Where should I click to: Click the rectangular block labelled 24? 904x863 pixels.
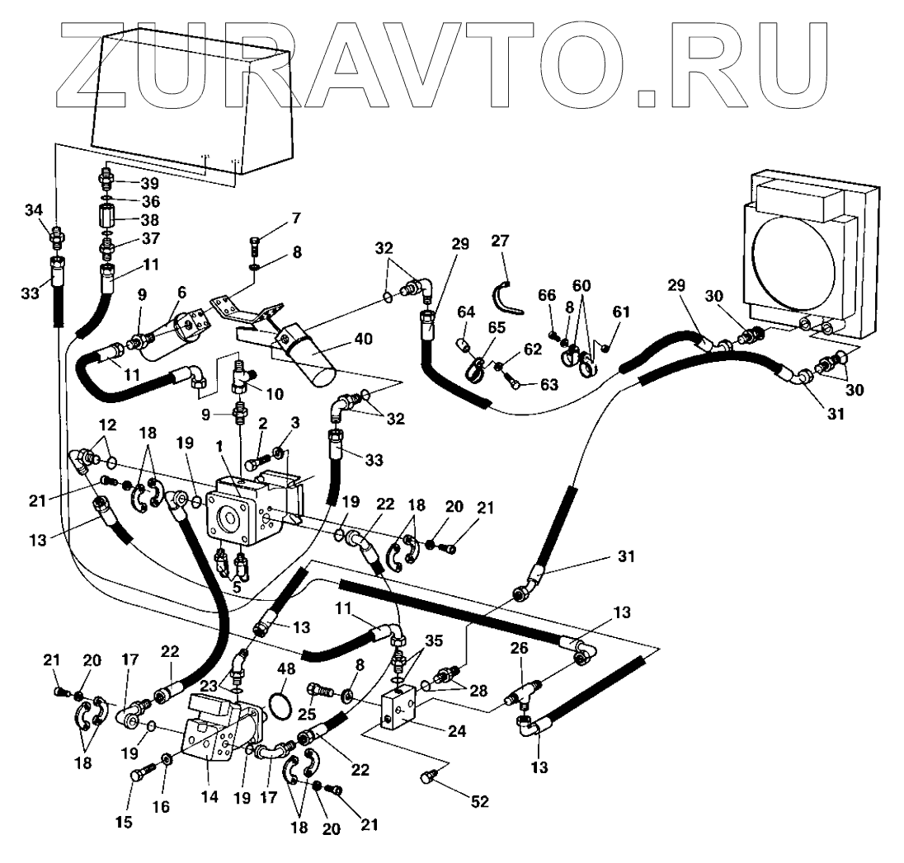[x=398, y=710]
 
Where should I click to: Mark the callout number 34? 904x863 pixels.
[x=32, y=210]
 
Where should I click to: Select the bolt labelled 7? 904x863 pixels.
[x=255, y=245]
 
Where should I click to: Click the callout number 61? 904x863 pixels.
[x=619, y=311]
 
